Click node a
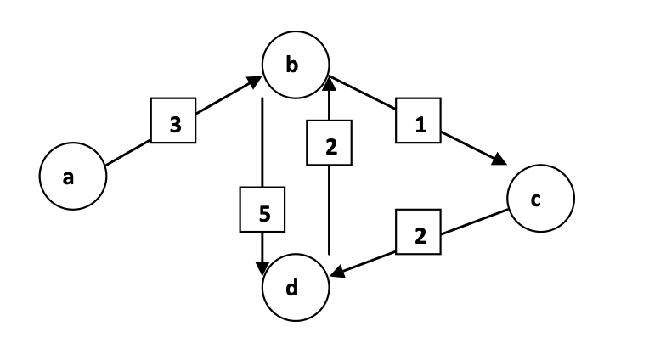click(x=72, y=177)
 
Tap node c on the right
click(x=540, y=199)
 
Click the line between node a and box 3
click(x=127, y=152)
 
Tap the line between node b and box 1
click(x=361, y=95)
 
